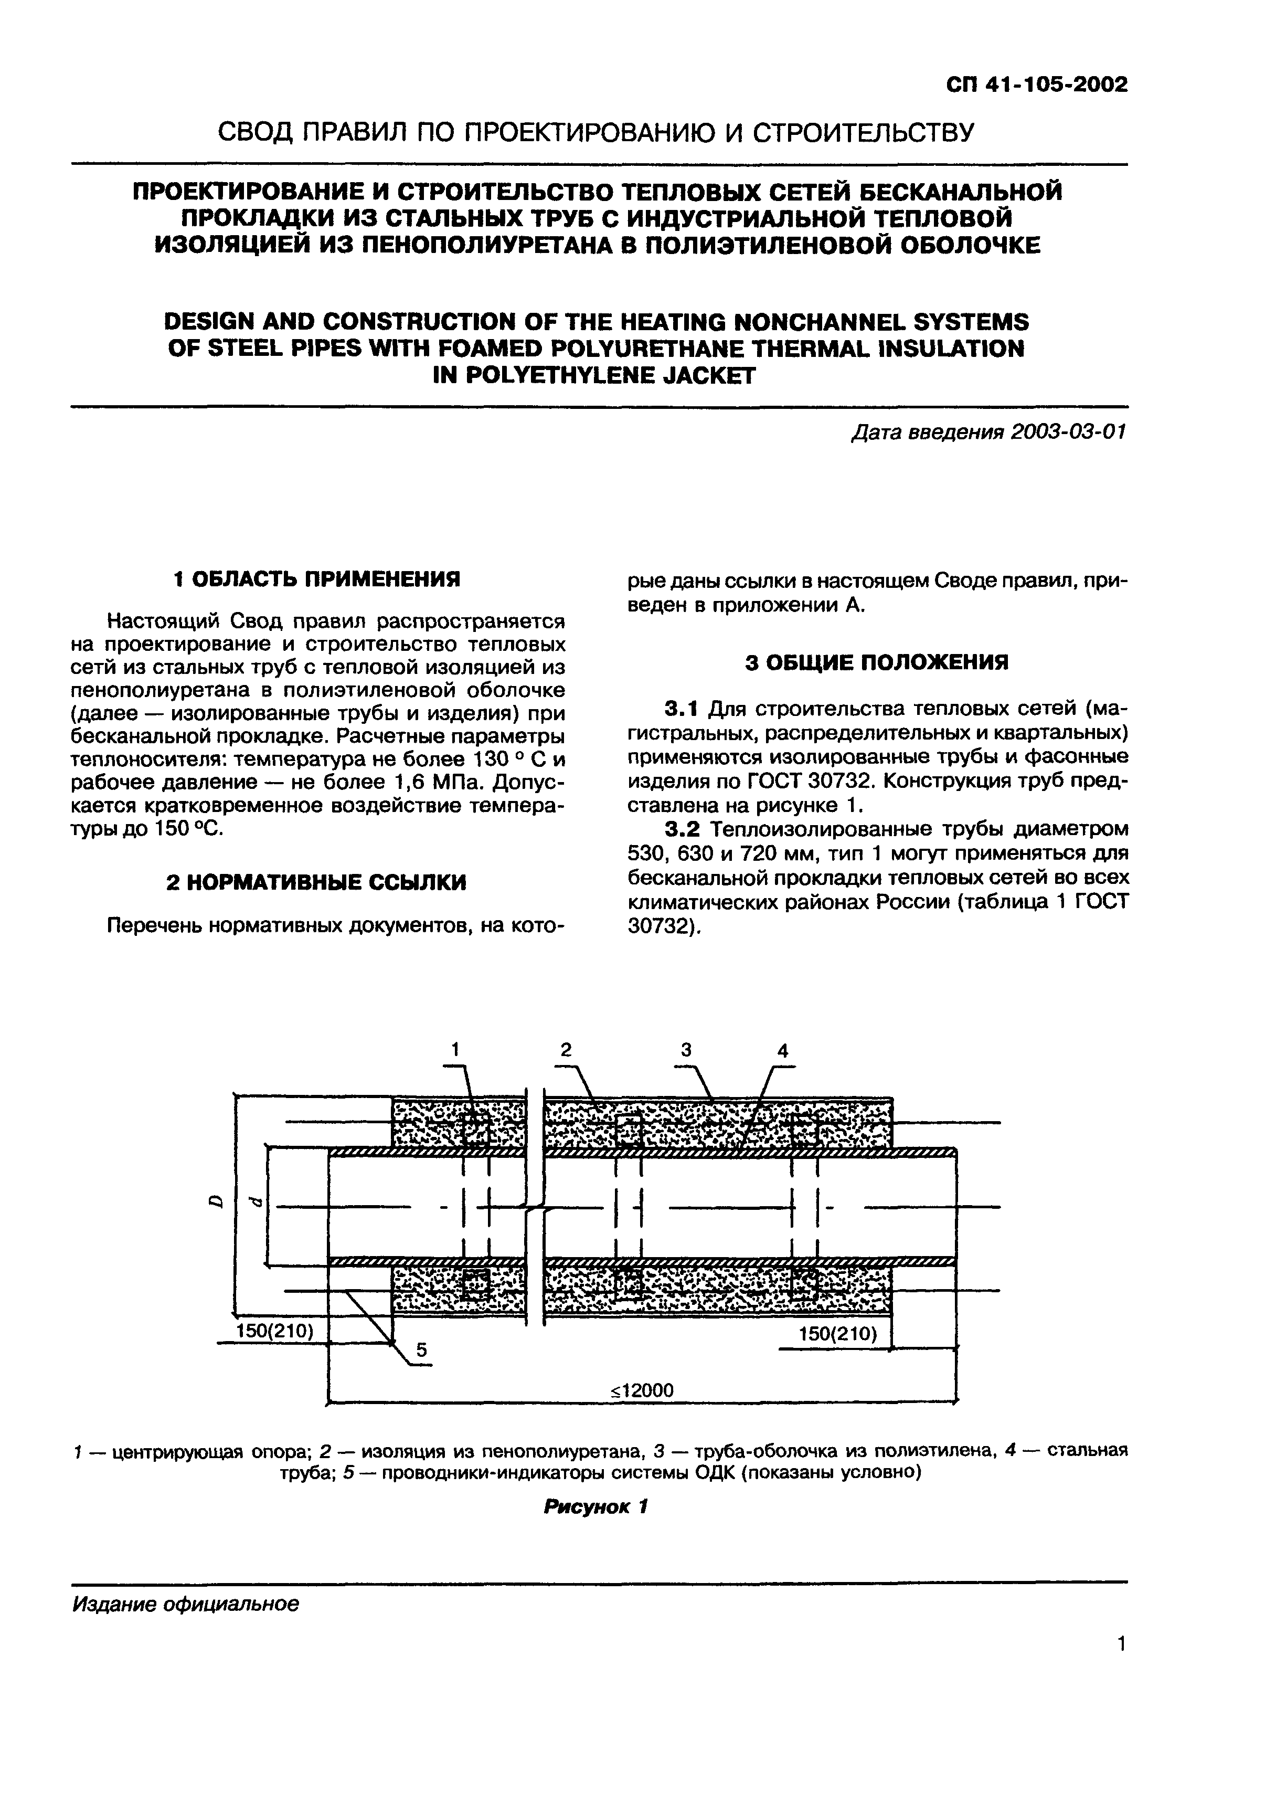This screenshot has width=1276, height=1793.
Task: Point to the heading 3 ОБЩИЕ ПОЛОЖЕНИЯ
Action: pyautogui.click(x=877, y=662)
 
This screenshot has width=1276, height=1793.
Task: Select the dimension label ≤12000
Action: pyautogui.click(x=642, y=1390)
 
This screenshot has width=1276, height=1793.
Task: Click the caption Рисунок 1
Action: pyautogui.click(x=596, y=1507)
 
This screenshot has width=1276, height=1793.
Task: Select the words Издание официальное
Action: pyautogui.click(x=185, y=1605)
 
